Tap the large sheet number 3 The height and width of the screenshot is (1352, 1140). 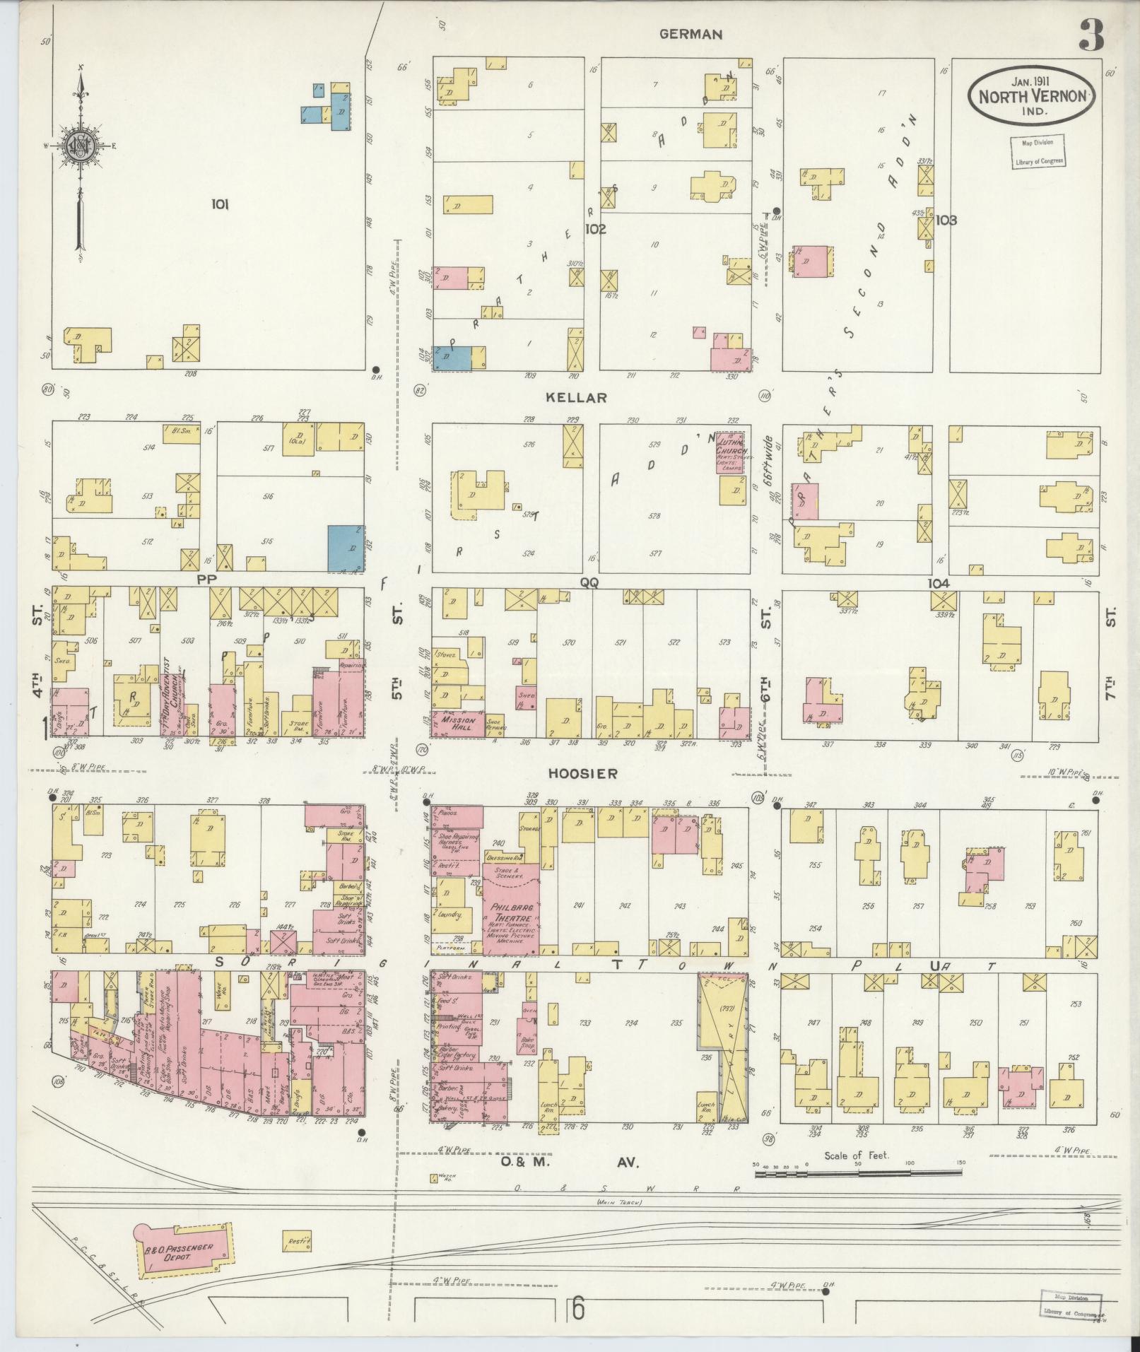[x=1091, y=35]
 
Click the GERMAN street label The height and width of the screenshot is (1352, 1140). [x=691, y=34]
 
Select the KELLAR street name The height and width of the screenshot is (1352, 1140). [x=577, y=398]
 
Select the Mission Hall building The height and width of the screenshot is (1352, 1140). [x=457, y=723]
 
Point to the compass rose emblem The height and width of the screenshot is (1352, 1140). [x=81, y=146]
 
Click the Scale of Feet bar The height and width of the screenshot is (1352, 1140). [x=859, y=1174]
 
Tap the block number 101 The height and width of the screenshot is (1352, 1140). [x=220, y=205]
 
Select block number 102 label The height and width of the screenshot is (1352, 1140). [x=595, y=229]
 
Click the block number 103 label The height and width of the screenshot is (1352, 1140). [x=946, y=221]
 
